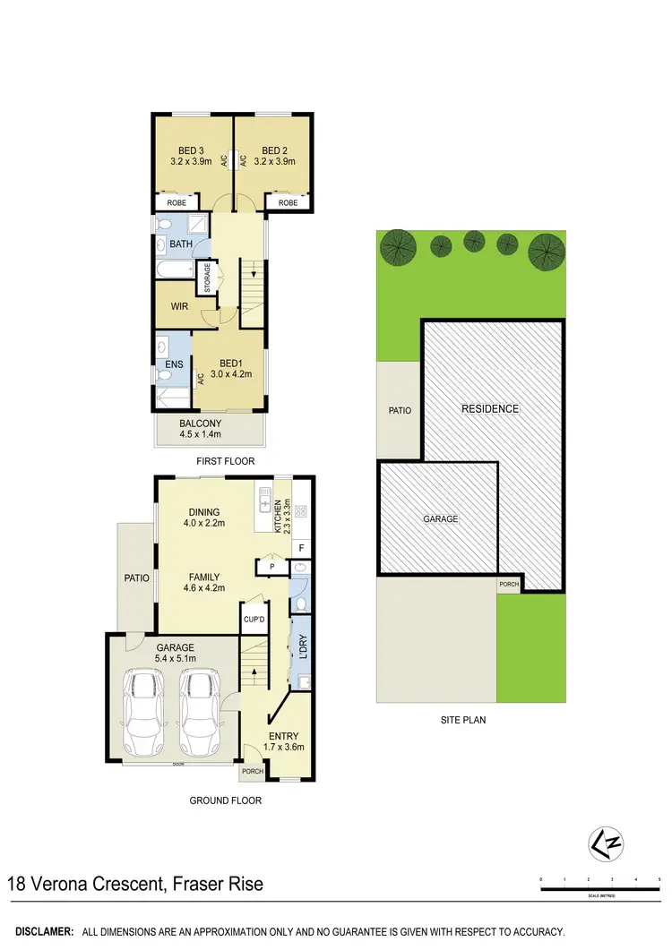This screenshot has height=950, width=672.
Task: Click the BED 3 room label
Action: point(188,156)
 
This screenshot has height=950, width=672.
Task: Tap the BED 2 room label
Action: point(274,156)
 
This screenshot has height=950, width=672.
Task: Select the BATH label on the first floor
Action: point(181,244)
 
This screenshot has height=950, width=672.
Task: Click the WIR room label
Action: point(181,306)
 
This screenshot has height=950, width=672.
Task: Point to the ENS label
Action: point(173,365)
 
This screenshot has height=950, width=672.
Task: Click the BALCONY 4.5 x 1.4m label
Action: point(200,429)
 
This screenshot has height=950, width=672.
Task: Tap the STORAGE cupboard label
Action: point(208,278)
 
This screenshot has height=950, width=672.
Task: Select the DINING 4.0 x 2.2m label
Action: point(204,518)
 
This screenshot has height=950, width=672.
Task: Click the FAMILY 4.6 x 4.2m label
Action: point(204,583)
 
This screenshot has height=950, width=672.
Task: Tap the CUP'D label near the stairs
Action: point(253,619)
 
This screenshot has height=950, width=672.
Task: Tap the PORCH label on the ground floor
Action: point(253,771)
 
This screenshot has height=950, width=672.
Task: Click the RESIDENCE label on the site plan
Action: point(490,409)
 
